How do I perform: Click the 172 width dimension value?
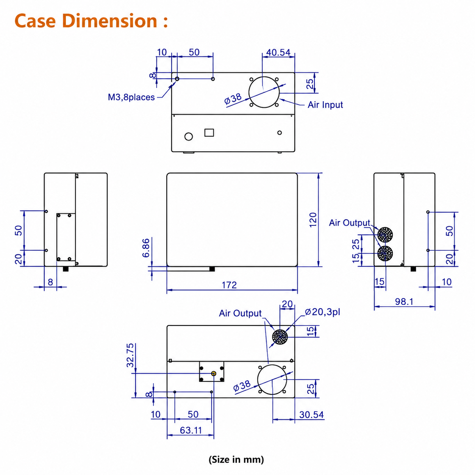click(x=229, y=285)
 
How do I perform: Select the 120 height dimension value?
click(x=312, y=220)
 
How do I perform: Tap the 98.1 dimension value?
click(x=404, y=302)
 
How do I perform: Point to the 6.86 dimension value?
click(x=146, y=248)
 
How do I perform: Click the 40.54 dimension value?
click(x=278, y=52)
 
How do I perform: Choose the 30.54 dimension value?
click(x=311, y=415)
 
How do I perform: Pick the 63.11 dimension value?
click(x=191, y=430)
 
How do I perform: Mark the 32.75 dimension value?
click(x=130, y=355)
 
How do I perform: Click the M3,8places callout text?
click(x=131, y=97)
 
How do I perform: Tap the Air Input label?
click(x=325, y=105)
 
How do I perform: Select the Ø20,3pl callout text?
click(x=322, y=312)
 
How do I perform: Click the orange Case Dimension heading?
click(x=91, y=21)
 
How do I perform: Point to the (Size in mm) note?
click(x=236, y=459)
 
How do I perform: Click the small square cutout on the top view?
click(x=209, y=133)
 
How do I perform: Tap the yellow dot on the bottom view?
click(x=214, y=373)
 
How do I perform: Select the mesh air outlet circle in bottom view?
click(x=280, y=337)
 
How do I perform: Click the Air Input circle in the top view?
click(x=264, y=77)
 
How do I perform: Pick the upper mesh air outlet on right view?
click(x=385, y=235)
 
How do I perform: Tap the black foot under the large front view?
click(x=212, y=269)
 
